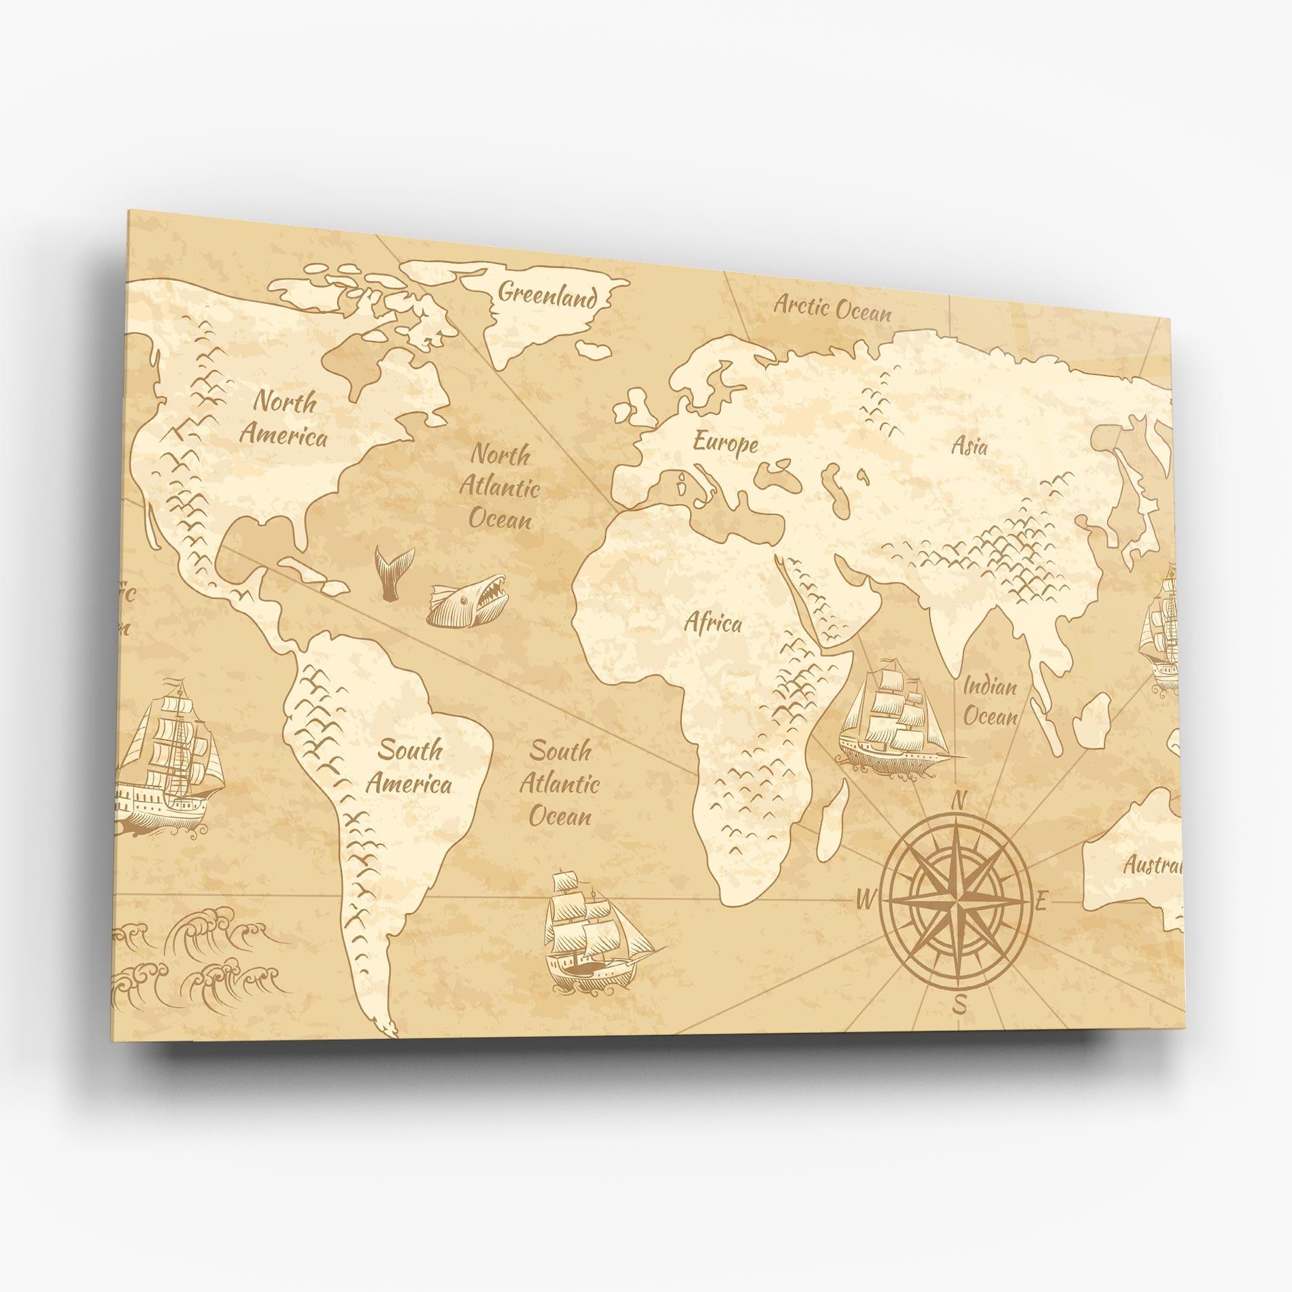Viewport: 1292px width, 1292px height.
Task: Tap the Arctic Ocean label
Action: pyautogui.click(x=832, y=308)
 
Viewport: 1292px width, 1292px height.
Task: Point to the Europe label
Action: pyautogui.click(x=725, y=443)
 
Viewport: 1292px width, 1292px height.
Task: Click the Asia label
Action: pyautogui.click(x=968, y=446)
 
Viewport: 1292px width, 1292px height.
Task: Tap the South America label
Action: pyautogui.click(x=409, y=767)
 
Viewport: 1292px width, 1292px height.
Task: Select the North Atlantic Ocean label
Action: pyautogui.click(x=500, y=487)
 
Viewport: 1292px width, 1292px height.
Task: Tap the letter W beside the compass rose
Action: pyautogui.click(x=864, y=900)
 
